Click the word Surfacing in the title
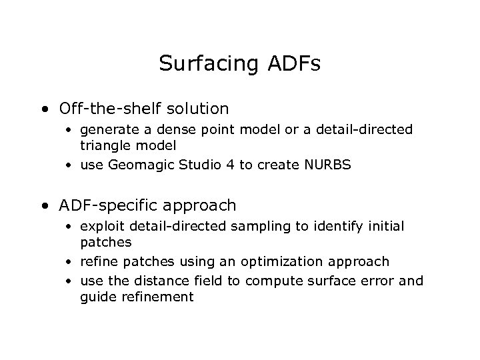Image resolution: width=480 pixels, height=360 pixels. (x=205, y=64)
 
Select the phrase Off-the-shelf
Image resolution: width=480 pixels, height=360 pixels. (x=101, y=108)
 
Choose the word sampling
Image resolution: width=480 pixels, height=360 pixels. (x=261, y=227)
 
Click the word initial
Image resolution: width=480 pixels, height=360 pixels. (x=384, y=227)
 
